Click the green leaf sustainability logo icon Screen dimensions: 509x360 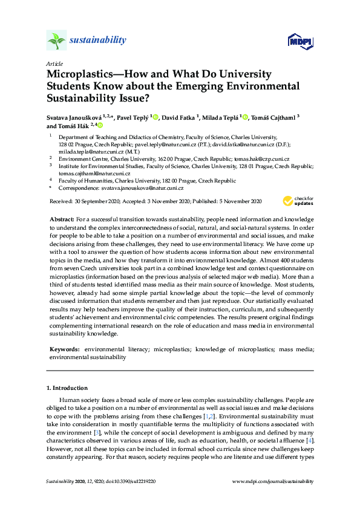click(56, 41)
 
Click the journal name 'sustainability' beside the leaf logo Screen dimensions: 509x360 click(98, 41)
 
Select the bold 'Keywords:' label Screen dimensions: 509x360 click(65, 349)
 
